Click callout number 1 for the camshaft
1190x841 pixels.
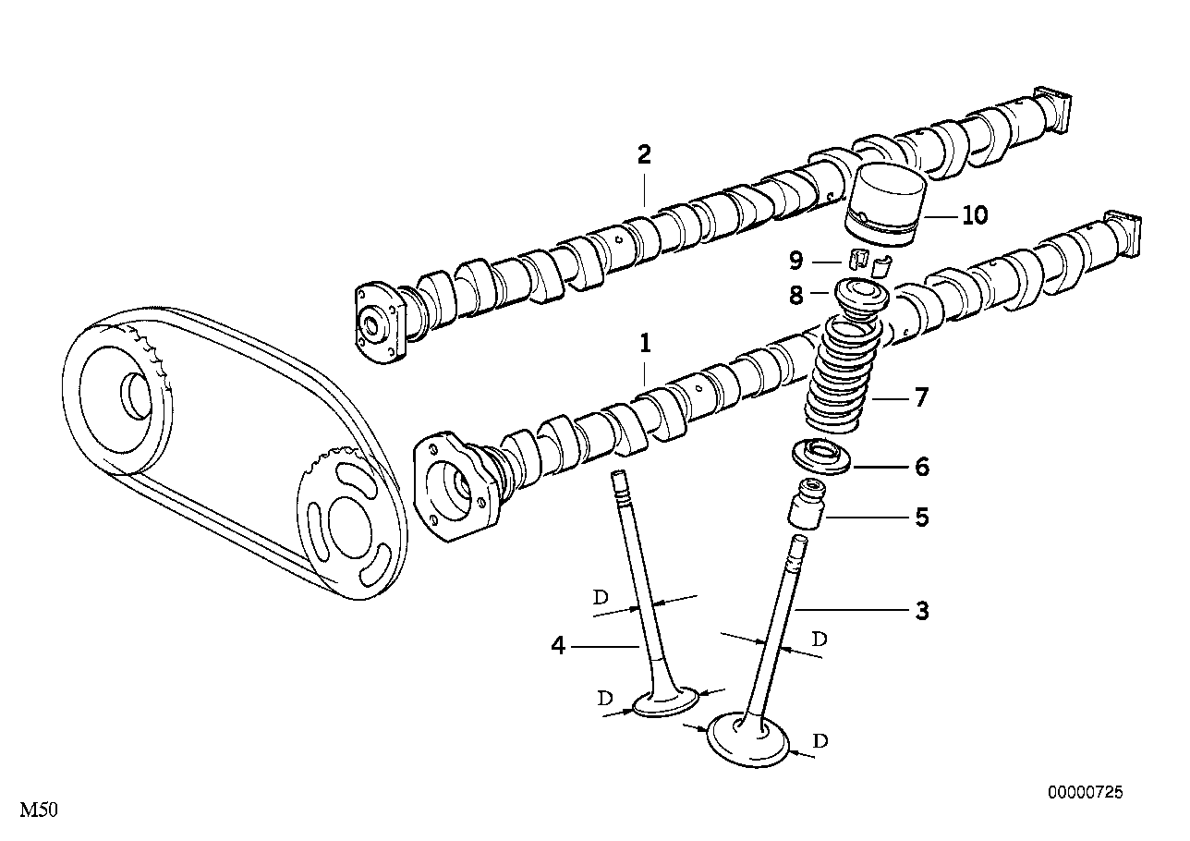click(645, 345)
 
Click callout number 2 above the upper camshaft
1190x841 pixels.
click(644, 154)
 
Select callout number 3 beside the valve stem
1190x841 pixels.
click(921, 611)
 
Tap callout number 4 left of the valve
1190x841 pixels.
click(558, 646)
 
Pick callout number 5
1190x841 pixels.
click(921, 517)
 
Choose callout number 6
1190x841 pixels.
click(921, 467)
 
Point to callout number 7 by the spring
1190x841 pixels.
click(921, 399)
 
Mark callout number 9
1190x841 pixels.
click(795, 262)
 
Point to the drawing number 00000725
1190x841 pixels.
click(1085, 792)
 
